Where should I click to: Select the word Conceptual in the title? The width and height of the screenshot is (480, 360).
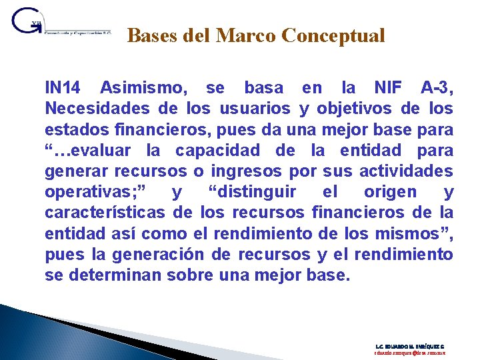click(333, 35)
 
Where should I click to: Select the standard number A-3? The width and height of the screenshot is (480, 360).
click(437, 87)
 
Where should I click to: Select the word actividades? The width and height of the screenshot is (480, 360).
click(406, 171)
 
